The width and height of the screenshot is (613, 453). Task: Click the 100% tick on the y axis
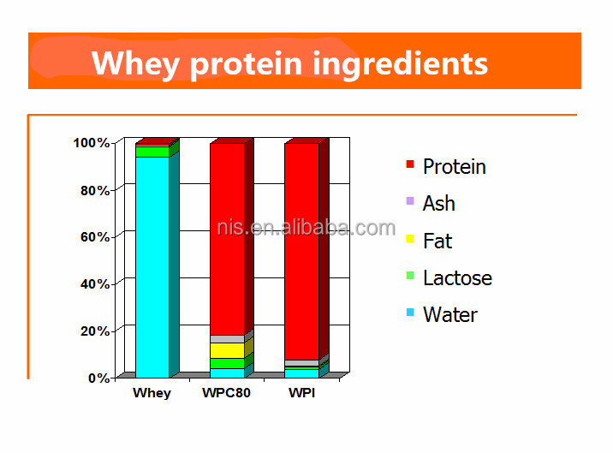pyautogui.click(x=91, y=143)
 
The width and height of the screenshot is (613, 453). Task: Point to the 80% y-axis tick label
pyautogui.click(x=94, y=190)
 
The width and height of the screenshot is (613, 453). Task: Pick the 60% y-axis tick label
pyautogui.click(x=94, y=237)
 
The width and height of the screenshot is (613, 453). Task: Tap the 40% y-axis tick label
pyautogui.click(x=94, y=283)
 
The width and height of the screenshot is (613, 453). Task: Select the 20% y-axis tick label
pyautogui.click(x=94, y=331)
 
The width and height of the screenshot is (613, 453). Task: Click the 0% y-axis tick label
pyautogui.click(x=98, y=378)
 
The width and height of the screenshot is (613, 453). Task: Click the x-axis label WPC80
pyautogui.click(x=226, y=394)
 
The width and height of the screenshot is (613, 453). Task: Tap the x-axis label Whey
pyautogui.click(x=152, y=394)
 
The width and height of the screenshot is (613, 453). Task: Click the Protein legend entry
pyautogui.click(x=454, y=167)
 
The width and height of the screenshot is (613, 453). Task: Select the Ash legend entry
pyautogui.click(x=438, y=204)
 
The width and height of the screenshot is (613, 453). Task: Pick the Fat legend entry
pyautogui.click(x=437, y=241)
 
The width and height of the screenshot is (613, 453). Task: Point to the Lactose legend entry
pyautogui.click(x=457, y=278)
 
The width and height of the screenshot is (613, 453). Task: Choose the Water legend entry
pyautogui.click(x=449, y=315)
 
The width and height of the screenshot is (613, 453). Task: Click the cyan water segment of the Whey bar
pyautogui.click(x=152, y=265)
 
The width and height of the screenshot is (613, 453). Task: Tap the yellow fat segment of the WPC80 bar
pyautogui.click(x=227, y=350)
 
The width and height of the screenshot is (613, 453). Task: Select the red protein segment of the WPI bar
pyautogui.click(x=301, y=248)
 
